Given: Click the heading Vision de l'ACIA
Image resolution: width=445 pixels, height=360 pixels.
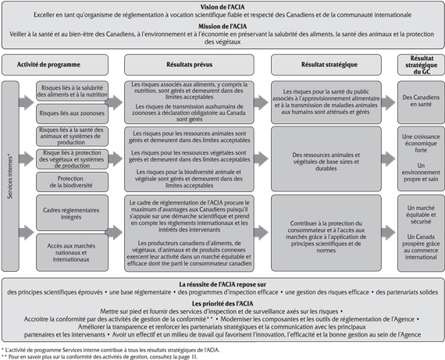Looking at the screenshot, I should click(222, 6).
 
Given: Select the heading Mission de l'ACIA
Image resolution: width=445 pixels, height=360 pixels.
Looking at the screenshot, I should click(222, 27).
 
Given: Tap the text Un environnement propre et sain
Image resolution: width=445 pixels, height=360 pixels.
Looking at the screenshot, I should click(419, 172).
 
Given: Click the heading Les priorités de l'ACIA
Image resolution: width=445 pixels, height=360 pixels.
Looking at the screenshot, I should click(222, 304).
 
